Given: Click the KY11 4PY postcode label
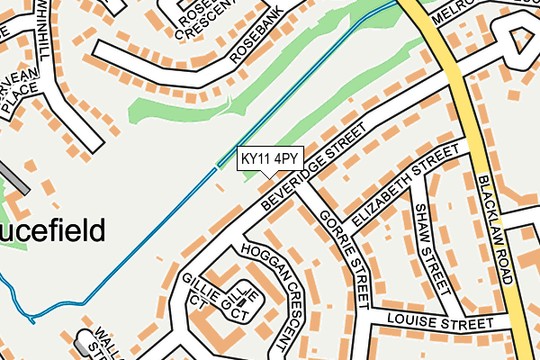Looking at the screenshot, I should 269,159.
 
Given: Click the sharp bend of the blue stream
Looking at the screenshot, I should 32,319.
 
